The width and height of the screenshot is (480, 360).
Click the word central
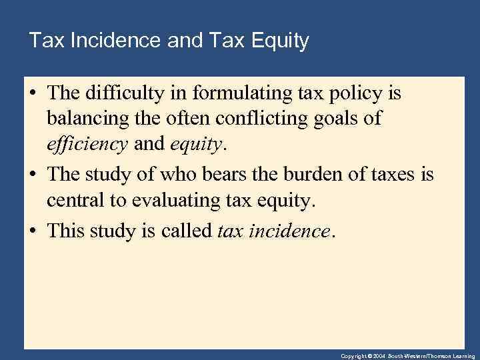73,199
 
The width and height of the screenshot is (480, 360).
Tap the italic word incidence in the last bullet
291,231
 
